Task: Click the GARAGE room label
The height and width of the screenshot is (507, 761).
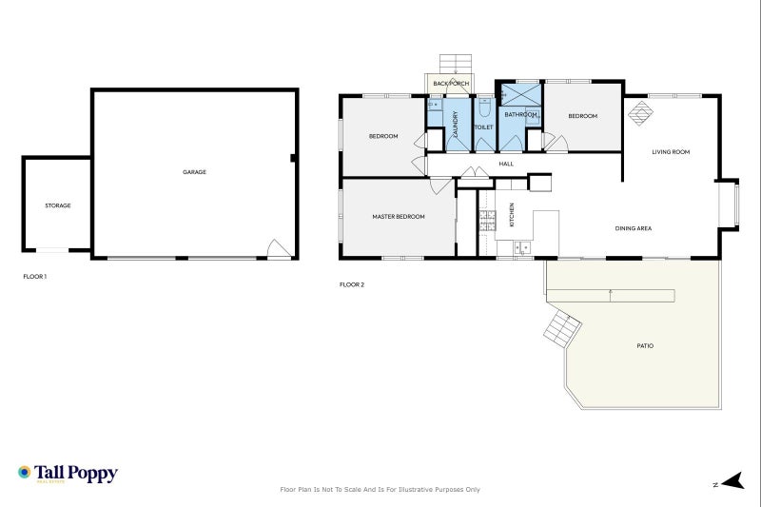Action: tap(194, 172)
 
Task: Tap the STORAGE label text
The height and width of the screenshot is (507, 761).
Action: tap(57, 205)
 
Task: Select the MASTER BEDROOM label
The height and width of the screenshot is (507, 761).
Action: tap(398, 217)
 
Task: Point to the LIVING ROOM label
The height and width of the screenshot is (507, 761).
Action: tap(670, 152)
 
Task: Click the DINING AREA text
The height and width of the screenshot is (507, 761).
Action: tap(633, 228)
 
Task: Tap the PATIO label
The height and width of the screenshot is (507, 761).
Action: tap(645, 345)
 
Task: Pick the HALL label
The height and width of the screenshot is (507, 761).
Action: tap(506, 164)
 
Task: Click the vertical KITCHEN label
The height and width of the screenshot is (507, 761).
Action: tap(512, 215)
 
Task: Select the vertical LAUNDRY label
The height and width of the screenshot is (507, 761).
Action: tap(456, 123)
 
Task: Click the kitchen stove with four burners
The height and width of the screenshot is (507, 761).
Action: tap(487, 221)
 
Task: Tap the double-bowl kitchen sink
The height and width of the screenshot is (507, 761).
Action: tap(522, 248)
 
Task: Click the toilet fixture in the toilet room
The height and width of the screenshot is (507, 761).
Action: tap(483, 107)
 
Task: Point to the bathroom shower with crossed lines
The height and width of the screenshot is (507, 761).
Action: tap(519, 95)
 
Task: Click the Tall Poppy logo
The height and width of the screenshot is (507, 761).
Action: tap(67, 473)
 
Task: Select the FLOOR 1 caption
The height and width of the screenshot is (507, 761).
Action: tap(34, 277)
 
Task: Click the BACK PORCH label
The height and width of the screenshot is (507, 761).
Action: tap(451, 84)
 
